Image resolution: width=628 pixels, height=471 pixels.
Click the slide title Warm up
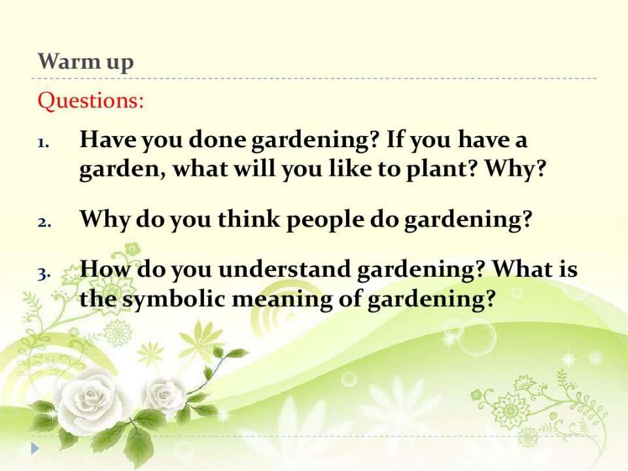(86, 62)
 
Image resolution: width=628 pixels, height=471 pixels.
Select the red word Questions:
(90, 101)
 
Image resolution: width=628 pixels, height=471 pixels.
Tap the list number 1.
(44, 143)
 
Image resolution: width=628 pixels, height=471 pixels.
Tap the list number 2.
(44, 222)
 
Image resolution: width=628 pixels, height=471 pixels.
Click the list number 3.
(44, 273)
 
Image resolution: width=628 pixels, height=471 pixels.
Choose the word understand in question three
(285, 269)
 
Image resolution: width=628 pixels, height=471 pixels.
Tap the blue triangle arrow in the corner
(35, 448)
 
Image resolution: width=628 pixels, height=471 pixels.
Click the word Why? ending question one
(516, 169)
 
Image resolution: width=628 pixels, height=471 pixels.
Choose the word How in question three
(105, 268)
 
